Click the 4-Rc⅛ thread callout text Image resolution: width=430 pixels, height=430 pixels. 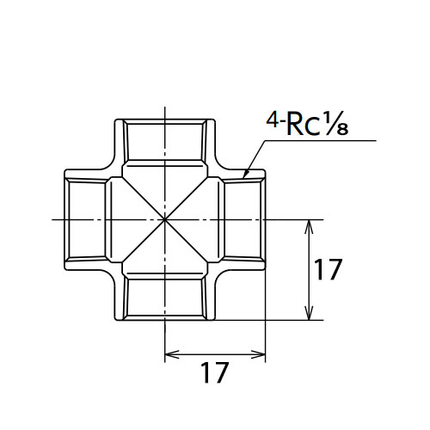click(307, 124)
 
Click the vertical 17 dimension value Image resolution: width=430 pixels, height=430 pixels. click(328, 269)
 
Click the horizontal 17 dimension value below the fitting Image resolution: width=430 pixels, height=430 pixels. click(214, 372)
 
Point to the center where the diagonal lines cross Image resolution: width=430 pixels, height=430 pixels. click(165, 220)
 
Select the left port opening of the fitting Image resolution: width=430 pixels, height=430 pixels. click(86, 220)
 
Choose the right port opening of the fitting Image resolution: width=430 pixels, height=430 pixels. click(243, 220)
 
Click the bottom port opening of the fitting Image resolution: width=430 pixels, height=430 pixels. click(165, 298)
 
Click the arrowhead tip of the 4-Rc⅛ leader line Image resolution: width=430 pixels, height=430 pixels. click(243, 178)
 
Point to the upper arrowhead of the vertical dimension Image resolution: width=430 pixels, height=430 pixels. click(309, 220)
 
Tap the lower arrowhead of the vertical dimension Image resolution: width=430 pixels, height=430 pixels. click(309, 320)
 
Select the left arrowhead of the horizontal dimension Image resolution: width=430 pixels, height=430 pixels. click(165, 354)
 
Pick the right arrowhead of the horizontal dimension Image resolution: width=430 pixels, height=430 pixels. click(265, 354)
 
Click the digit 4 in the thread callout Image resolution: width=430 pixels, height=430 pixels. click(272, 120)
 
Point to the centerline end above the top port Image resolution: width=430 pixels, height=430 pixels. click(165, 107)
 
